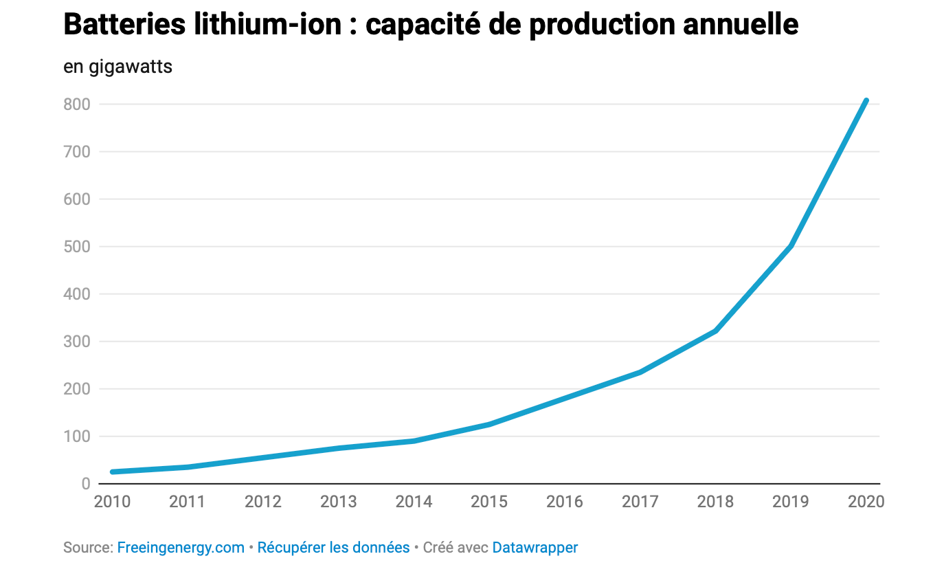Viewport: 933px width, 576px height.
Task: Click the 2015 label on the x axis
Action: point(489,502)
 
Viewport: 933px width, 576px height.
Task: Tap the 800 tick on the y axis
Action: point(77,104)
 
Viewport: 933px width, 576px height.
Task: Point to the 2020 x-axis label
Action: point(866,502)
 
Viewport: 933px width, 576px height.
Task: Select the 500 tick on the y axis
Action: point(77,247)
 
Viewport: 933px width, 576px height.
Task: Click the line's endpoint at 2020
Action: point(866,101)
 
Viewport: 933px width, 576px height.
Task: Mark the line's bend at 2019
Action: point(791,245)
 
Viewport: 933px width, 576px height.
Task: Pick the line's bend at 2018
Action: point(715,331)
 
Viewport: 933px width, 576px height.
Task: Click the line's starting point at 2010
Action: point(113,472)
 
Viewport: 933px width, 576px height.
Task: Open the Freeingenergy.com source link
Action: point(181,548)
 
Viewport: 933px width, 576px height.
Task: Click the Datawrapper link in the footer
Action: point(535,548)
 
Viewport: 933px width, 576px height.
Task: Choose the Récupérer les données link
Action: point(333,548)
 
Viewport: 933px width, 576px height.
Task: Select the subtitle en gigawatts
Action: point(117,67)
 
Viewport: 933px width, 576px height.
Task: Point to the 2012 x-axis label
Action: point(263,502)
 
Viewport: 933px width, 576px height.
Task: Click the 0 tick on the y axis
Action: point(86,484)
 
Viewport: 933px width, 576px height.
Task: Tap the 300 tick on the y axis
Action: point(77,342)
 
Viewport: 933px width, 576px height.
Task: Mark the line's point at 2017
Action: point(640,372)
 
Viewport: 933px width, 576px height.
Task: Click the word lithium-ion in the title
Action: point(269,25)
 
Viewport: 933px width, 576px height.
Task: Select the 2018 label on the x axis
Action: point(715,502)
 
